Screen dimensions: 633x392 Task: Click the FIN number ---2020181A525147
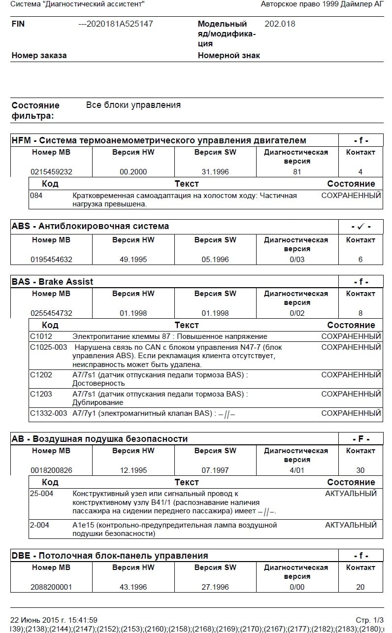pyautogui.click(x=116, y=24)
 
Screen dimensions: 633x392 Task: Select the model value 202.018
pyautogui.click(x=280, y=24)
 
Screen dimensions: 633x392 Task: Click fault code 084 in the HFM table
pyautogui.click(x=36, y=196)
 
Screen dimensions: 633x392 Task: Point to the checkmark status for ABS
pyautogui.click(x=360, y=227)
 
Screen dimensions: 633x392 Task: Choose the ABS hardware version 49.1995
pyautogui.click(x=133, y=260)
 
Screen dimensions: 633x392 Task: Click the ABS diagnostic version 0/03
pyautogui.click(x=297, y=260)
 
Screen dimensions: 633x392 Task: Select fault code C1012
pyautogui.click(x=41, y=336)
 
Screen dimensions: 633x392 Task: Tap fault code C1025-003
pyautogui.click(x=48, y=347)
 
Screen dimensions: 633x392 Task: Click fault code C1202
pyautogui.click(x=41, y=375)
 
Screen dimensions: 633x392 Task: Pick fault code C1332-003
pyautogui.click(x=48, y=413)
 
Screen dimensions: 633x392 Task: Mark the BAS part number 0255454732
pyautogui.click(x=51, y=313)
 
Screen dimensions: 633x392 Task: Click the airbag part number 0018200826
pyautogui.click(x=51, y=470)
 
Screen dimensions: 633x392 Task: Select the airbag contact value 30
pyautogui.click(x=360, y=470)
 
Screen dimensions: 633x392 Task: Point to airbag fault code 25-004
pyautogui.click(x=41, y=494)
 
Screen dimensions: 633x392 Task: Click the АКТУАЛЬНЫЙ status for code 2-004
pyautogui.click(x=351, y=525)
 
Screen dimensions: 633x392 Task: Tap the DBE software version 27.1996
pyautogui.click(x=215, y=587)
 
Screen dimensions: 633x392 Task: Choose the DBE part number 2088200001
pyautogui.click(x=51, y=587)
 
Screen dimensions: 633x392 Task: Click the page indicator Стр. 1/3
pyautogui.click(x=369, y=620)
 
